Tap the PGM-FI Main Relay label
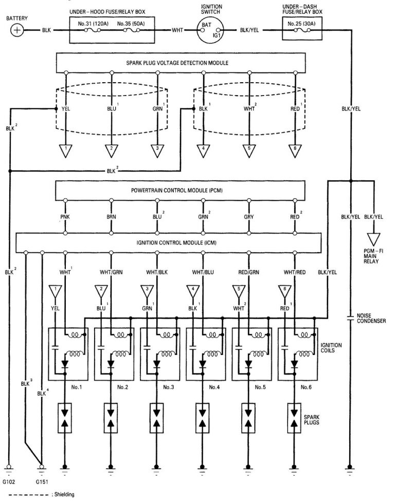point(374,253)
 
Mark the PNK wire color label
point(65,217)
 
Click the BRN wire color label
point(111,217)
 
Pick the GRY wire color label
point(249,217)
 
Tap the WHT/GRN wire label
point(111,272)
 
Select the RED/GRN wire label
point(249,272)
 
